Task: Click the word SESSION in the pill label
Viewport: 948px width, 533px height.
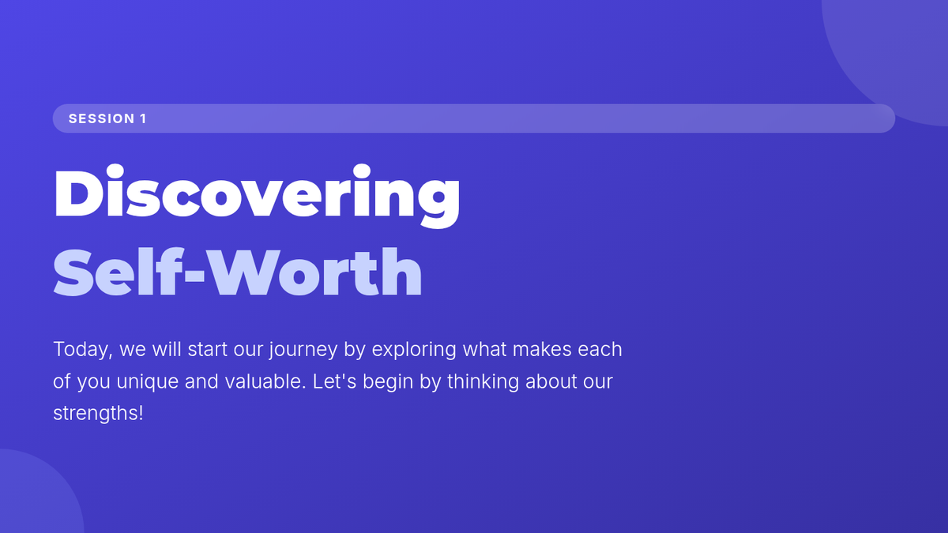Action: (102, 118)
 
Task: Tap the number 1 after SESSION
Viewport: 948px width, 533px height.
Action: (143, 118)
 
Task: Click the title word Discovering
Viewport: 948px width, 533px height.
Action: (257, 196)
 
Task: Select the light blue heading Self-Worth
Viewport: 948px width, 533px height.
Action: (238, 272)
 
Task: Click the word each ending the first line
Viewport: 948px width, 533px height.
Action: (600, 349)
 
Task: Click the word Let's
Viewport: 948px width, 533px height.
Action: (334, 381)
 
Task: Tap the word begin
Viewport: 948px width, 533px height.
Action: (388, 382)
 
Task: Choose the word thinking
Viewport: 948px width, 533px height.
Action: (483, 382)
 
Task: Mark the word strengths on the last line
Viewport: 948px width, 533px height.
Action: (96, 414)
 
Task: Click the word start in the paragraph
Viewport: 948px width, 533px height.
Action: (207, 349)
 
